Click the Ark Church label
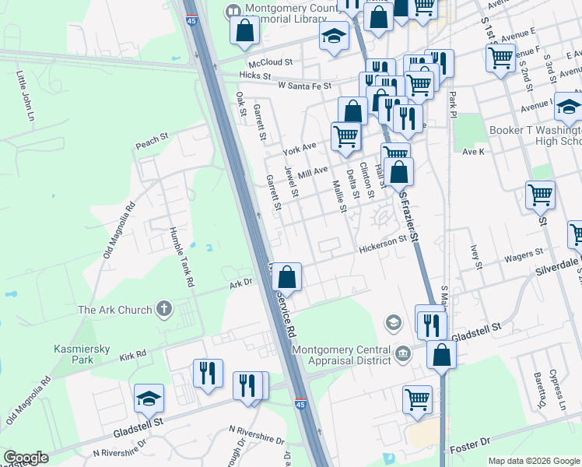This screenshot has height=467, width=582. coord(114,310)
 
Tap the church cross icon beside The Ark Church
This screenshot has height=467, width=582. coord(163,309)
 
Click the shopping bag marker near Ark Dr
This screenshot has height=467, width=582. coord(286,276)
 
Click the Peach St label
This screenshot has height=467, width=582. coord(152,141)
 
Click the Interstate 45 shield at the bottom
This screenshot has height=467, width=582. coord(300,405)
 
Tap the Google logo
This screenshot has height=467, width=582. coord(26,457)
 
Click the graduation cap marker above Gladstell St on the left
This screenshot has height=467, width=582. coord(149,399)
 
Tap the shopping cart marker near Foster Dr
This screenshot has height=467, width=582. coord(417,399)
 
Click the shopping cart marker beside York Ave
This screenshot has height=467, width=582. coord(345,136)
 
